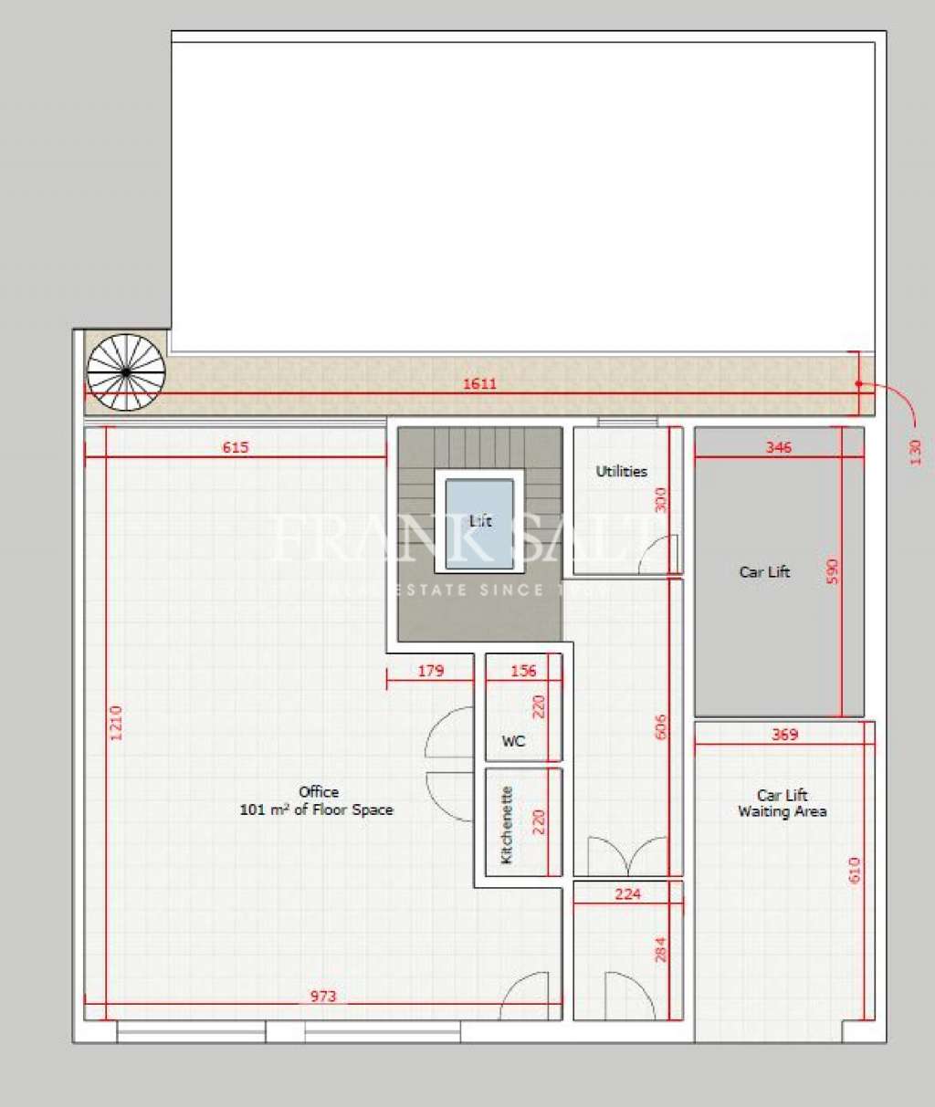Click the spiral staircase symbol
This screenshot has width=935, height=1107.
point(126,372)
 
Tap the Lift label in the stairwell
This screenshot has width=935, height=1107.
point(480,520)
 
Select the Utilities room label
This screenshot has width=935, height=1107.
point(621,471)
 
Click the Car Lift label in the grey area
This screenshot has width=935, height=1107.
point(764,572)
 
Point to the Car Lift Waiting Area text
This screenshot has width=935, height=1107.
point(783,803)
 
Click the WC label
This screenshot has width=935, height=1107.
point(514,741)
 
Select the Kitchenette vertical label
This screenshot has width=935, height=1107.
point(507,825)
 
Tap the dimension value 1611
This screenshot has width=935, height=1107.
point(479,383)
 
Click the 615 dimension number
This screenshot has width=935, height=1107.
point(236,447)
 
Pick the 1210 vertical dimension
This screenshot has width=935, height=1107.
point(116,722)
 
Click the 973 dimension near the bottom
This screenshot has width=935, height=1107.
point(323,996)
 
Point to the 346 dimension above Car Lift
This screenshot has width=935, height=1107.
point(779,447)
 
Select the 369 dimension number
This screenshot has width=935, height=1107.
point(784,734)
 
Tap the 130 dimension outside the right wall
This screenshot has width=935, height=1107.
point(916,452)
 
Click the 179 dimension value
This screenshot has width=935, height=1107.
point(430,671)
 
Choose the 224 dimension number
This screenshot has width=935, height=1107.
point(627,894)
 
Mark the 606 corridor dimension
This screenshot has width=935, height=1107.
point(661,726)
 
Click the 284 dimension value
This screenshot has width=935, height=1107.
point(661,949)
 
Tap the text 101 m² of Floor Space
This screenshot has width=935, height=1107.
point(316,809)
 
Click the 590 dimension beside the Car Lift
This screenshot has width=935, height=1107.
point(831,572)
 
